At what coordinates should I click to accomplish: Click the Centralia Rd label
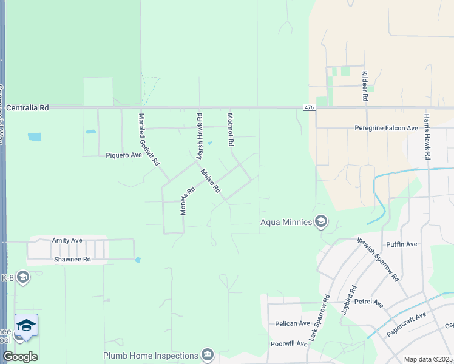27,107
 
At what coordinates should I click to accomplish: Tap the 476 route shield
309,107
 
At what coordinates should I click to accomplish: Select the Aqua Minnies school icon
321,222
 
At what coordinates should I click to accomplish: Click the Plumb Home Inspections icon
208,354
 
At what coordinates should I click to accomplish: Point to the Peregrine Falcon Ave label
387,128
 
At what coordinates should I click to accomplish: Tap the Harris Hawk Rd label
427,136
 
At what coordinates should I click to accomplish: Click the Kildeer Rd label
365,86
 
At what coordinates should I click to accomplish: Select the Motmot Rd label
231,129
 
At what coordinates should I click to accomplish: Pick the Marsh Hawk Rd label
199,136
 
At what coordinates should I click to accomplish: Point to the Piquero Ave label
124,155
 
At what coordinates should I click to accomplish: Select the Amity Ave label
67,240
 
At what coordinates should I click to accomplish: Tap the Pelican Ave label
293,323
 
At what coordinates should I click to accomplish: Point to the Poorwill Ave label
290,343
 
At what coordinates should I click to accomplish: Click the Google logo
20,356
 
